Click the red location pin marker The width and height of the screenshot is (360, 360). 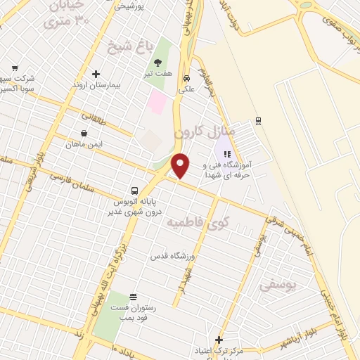pyautogui.click(x=181, y=165)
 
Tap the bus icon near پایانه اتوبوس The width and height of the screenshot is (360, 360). pyautogui.click(x=134, y=191)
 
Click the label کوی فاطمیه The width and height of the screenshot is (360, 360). pyautogui.click(x=190, y=222)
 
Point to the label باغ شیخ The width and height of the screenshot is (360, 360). pyautogui.click(x=129, y=48)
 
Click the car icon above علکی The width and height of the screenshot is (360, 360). pyautogui.click(x=187, y=79)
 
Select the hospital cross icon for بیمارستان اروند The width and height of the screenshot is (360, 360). pyautogui.click(x=96, y=74)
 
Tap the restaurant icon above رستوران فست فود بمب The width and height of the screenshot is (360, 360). pyautogui.click(x=134, y=296)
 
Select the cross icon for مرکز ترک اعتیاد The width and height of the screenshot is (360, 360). pyautogui.click(x=219, y=340)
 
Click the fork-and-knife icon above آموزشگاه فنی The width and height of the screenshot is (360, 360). pyautogui.click(x=226, y=154)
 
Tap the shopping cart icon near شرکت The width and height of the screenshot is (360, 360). pyautogui.click(x=15, y=68)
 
